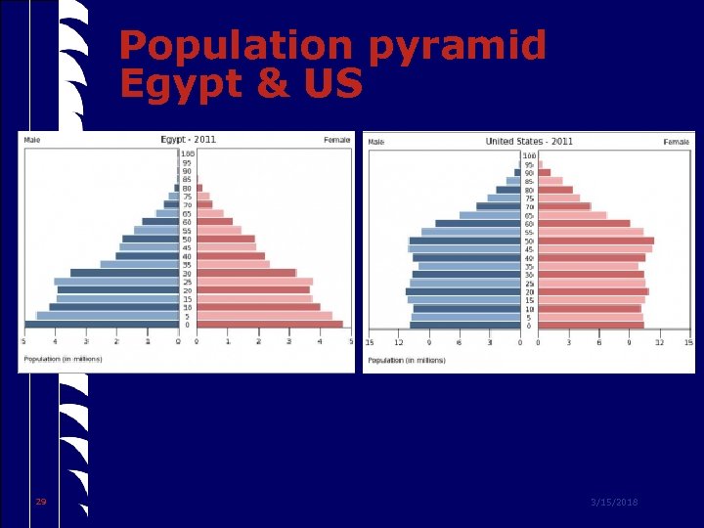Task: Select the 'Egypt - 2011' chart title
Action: [188, 140]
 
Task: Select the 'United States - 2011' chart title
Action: [529, 142]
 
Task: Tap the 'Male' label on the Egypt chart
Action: [33, 140]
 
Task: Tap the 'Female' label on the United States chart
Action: [676, 142]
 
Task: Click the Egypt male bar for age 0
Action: [102, 325]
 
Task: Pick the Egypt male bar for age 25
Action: [116, 282]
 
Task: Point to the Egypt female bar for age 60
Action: [214, 221]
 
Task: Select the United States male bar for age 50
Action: [464, 241]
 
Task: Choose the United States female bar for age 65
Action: [572, 215]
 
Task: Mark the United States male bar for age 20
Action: [463, 291]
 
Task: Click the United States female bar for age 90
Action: [544, 173]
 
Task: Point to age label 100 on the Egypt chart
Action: [187, 154]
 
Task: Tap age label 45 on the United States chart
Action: [529, 249]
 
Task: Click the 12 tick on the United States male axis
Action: [399, 342]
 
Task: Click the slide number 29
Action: [40, 502]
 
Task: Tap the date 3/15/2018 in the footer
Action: [613, 502]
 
